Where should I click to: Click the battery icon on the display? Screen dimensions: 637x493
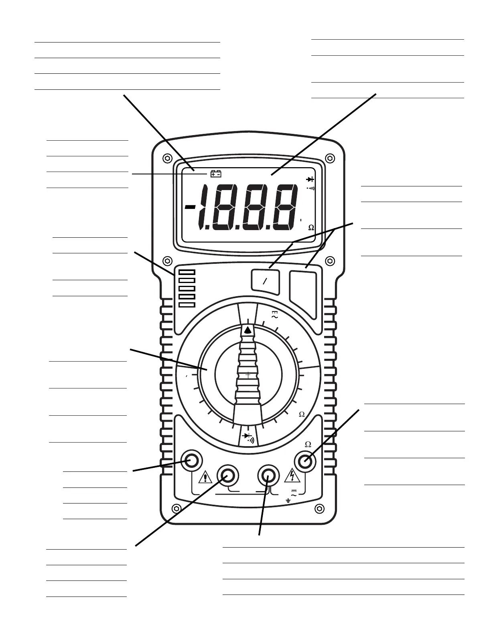216,174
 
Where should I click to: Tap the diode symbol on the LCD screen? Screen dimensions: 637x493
310,179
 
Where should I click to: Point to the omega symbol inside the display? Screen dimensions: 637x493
311,228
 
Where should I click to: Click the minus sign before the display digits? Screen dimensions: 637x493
191,207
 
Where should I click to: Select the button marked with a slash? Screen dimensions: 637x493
265,281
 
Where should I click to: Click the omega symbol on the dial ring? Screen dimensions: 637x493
302,415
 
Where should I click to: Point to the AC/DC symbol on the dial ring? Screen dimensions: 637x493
275,315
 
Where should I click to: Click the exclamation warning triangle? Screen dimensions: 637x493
205,477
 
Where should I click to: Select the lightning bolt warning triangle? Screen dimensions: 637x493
292,476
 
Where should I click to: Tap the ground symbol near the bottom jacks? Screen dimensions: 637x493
288,500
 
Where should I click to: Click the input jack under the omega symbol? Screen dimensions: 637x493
306,461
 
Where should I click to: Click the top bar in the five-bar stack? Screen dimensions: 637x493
187,272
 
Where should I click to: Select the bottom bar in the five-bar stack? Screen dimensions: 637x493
187,305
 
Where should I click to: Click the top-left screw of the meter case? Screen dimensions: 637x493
166,158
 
